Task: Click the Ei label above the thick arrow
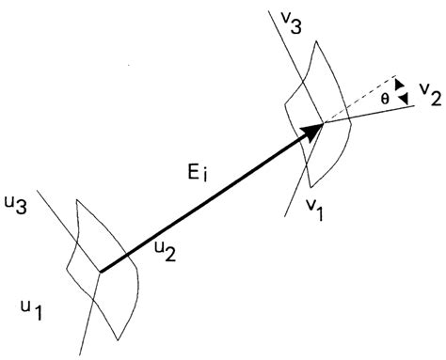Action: coord(200,173)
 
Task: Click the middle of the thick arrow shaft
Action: coord(207,201)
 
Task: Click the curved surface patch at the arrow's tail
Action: coord(118,301)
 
